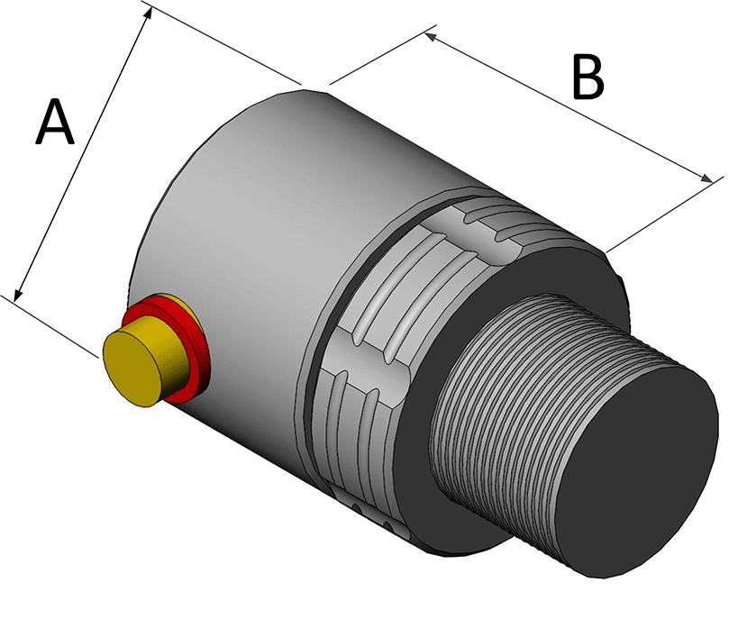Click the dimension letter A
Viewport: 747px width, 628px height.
[54, 123]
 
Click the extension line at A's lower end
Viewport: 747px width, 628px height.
[54, 325]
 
